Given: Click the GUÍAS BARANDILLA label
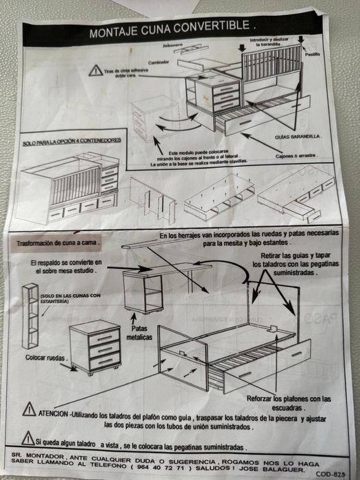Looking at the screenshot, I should tap(298, 136).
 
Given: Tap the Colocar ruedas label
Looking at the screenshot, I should tap(47, 357).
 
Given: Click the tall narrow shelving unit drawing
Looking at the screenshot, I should tap(31, 316).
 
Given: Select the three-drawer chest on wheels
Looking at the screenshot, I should tap(95, 347).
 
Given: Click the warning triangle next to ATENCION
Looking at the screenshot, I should tap(29, 409).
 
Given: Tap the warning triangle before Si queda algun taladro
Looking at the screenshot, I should tap(27, 437).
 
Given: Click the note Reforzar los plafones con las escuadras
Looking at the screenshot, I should tap(289, 403).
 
